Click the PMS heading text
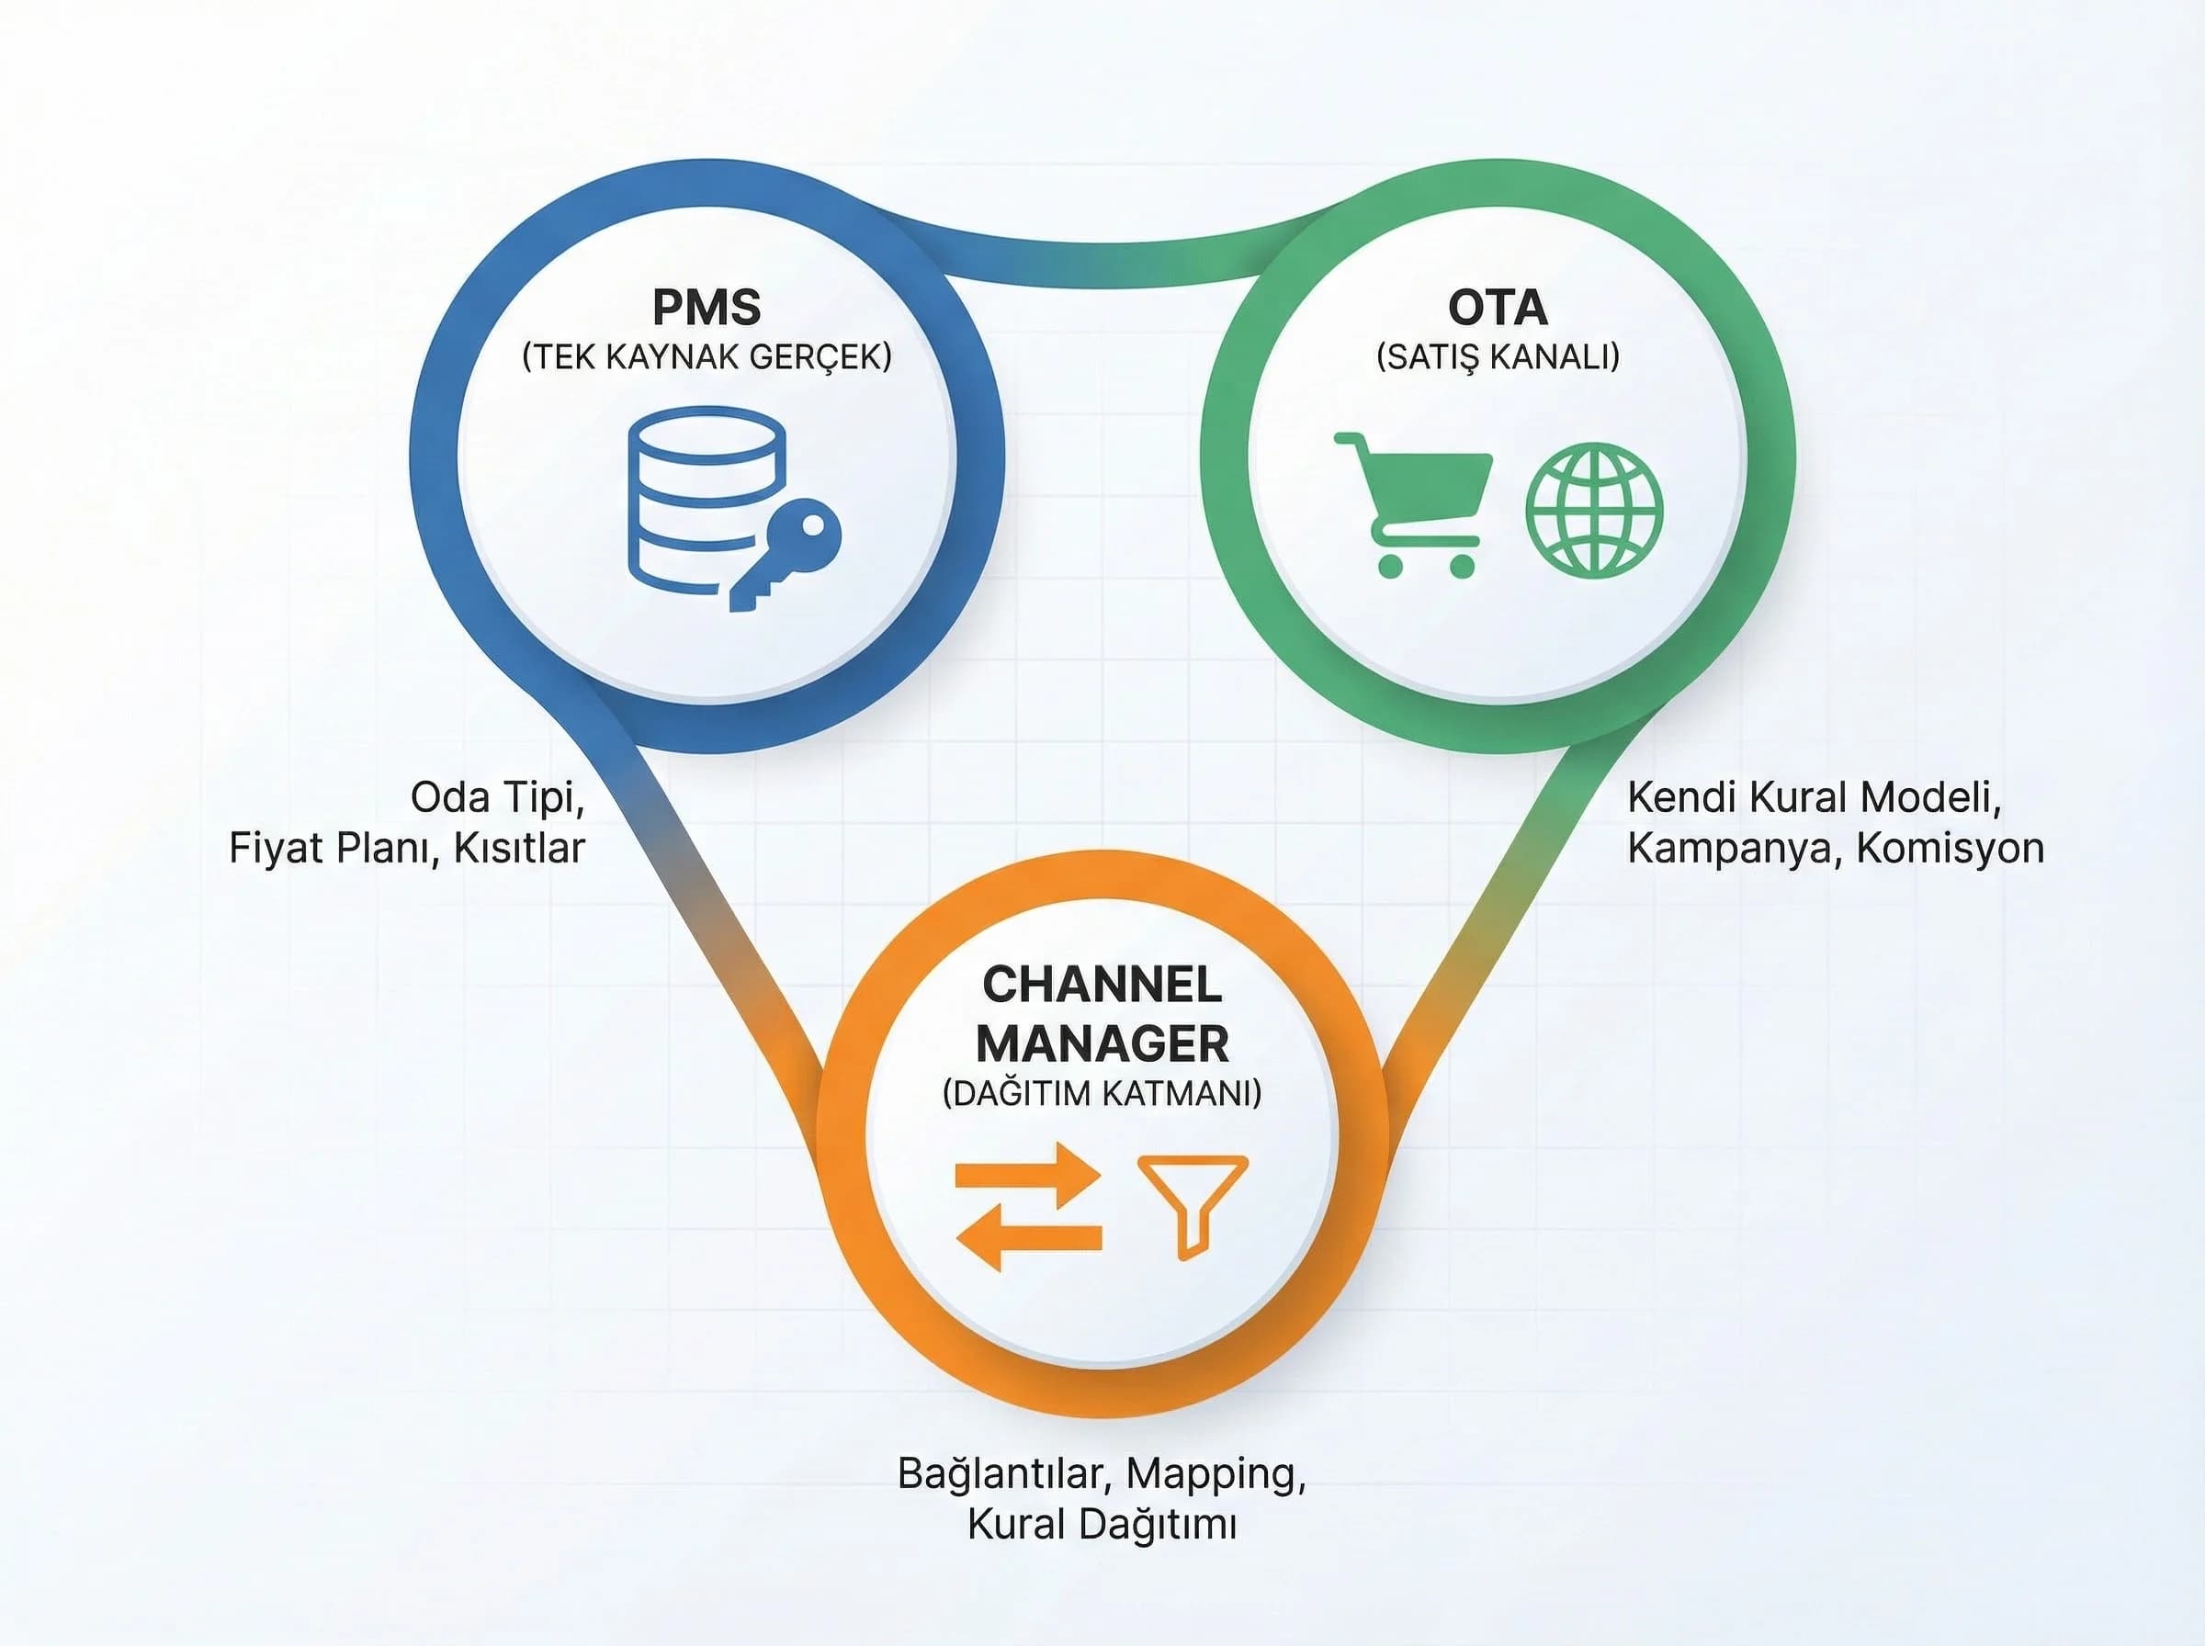707,307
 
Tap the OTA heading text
1498,307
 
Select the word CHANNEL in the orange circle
1102,986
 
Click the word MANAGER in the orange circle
1102,1043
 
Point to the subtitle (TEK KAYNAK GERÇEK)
707,356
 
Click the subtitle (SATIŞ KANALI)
1498,356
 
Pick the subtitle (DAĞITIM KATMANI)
1102,1093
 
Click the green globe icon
1594,509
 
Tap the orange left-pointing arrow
1028,1236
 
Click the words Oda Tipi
496,797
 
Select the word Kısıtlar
519,848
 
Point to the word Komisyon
1950,848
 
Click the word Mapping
1216,1472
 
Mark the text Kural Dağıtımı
1102,1525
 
